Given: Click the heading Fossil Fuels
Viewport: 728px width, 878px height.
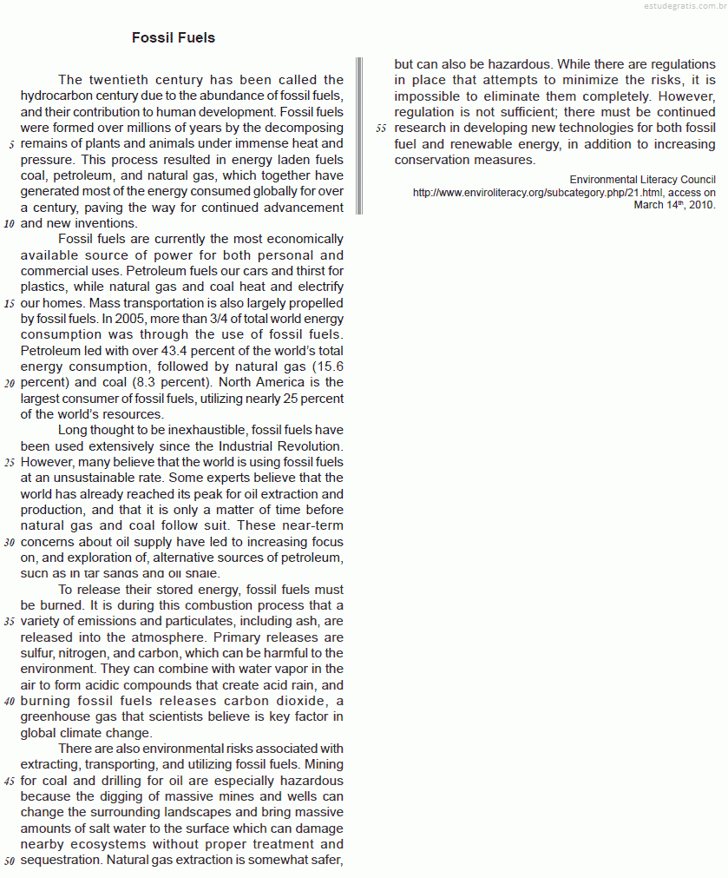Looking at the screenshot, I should click(174, 38).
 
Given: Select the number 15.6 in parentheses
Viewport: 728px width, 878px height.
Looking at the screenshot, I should click(326, 366).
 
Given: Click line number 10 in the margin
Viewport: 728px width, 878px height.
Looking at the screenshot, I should click(9, 224).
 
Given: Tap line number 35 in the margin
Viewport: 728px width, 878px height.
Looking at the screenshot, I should click(9, 622).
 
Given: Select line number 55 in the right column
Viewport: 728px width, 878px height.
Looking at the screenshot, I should click(381, 129).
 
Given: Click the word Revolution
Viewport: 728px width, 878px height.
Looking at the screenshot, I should click(310, 446).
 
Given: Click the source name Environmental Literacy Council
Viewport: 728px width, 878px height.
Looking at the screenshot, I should click(642, 180).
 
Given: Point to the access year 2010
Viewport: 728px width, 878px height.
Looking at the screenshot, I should click(701, 206).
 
